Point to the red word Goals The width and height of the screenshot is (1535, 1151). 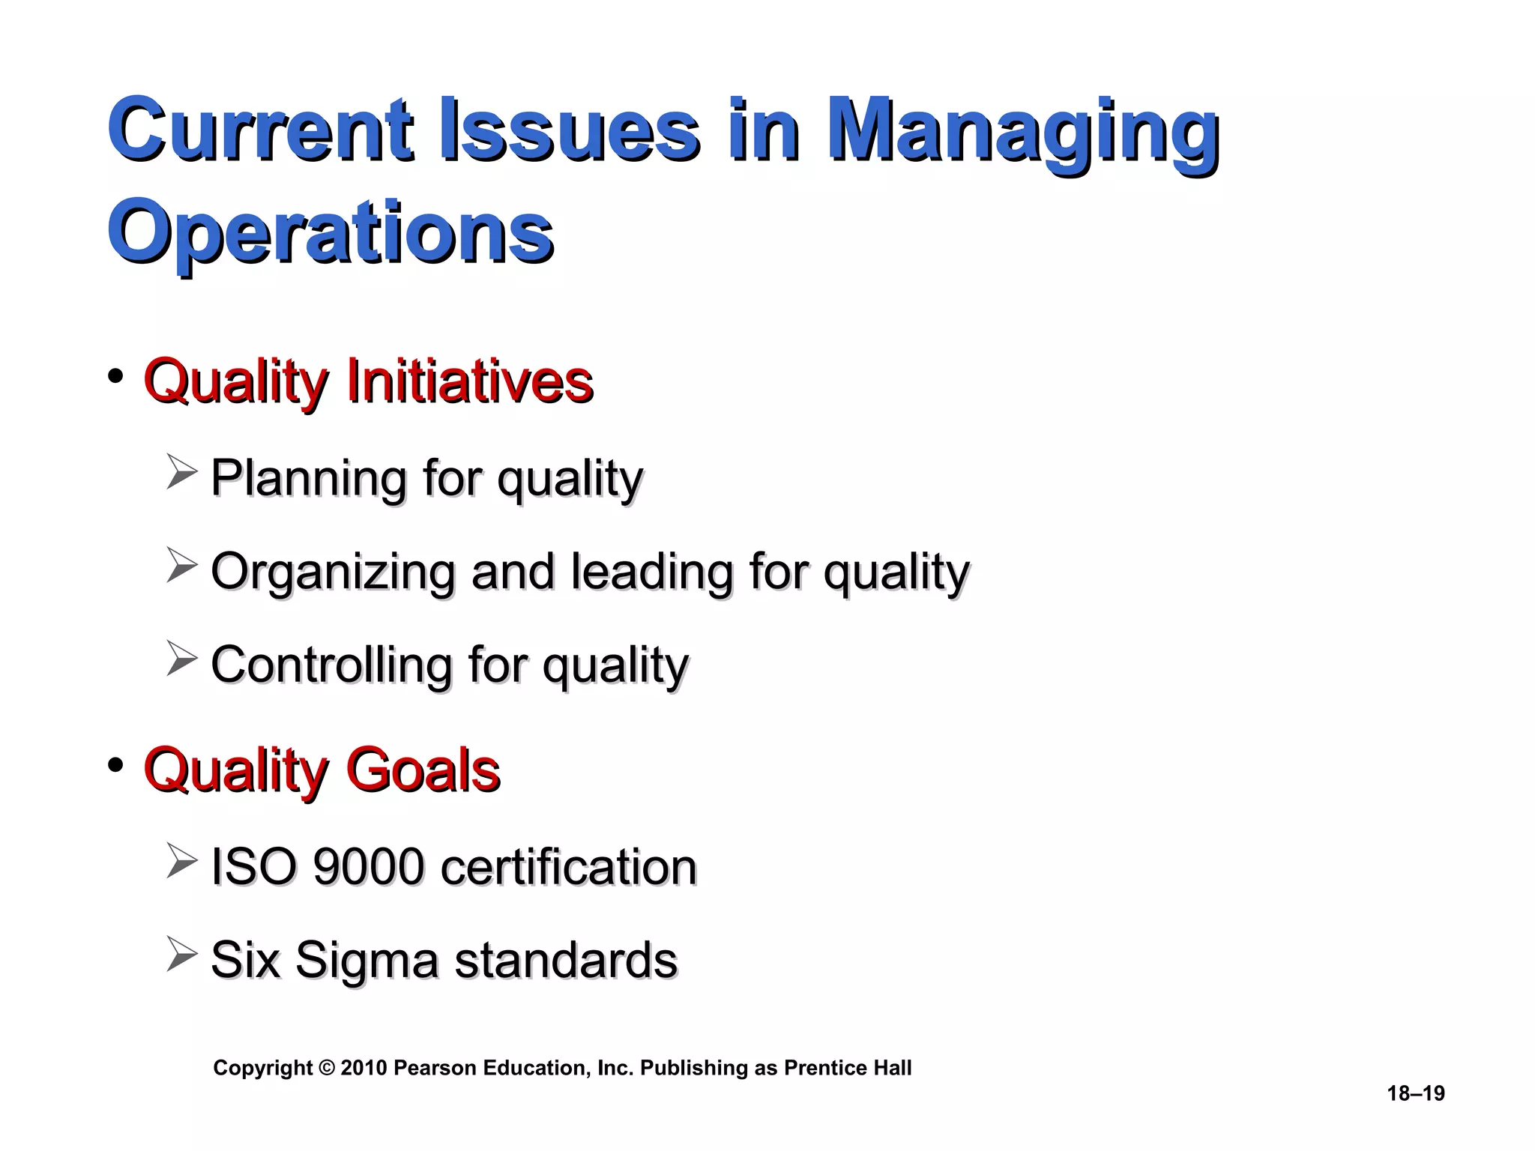pyautogui.click(x=423, y=770)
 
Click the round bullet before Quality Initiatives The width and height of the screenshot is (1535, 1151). pyautogui.click(x=115, y=376)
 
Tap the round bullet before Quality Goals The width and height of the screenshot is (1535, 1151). pyautogui.click(x=115, y=765)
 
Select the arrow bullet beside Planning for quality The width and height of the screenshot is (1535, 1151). pyautogui.click(x=181, y=473)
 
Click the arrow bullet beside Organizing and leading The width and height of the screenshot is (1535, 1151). pyautogui.click(x=181, y=566)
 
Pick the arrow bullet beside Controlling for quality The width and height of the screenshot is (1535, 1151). pyautogui.click(x=181, y=659)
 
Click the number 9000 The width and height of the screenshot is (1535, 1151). pyautogui.click(x=368, y=867)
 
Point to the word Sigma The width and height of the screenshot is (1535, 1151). pyautogui.click(x=367, y=961)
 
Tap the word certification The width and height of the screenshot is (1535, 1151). pyautogui.click(x=569, y=867)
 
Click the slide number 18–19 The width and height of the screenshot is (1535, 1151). pyautogui.click(x=1416, y=1093)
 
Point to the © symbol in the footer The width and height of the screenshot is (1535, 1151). pyautogui.click(x=326, y=1068)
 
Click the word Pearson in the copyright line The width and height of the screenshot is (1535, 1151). pyautogui.click(x=435, y=1068)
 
